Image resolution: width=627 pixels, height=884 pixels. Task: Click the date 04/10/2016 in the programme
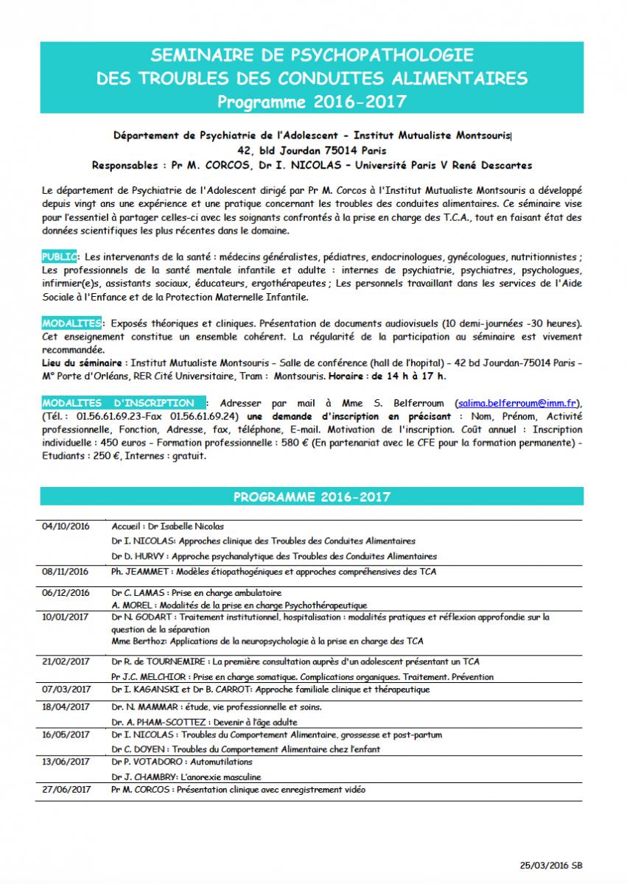(66, 527)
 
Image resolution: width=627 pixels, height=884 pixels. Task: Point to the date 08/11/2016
(66, 571)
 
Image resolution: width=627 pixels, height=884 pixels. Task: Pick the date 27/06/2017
(66, 789)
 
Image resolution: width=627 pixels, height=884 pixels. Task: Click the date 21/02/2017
(66, 662)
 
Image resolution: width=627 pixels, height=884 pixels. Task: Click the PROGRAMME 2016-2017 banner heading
(312, 497)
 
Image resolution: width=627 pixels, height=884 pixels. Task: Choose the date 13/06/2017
(66, 762)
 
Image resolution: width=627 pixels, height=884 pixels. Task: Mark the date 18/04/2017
(66, 706)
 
